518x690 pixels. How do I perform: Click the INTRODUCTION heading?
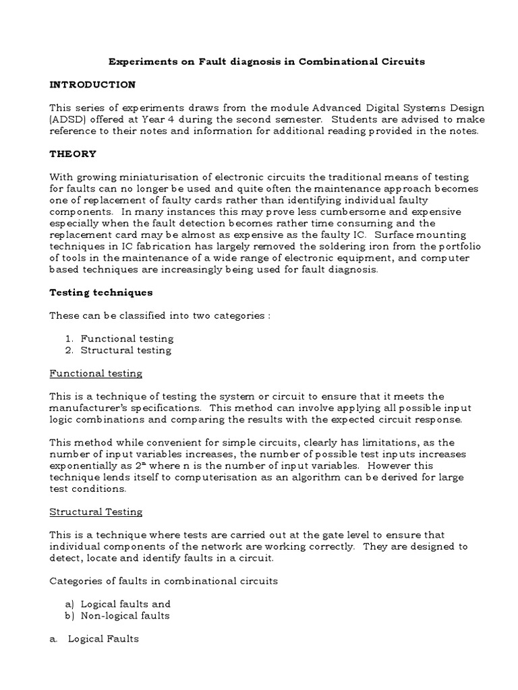point(92,84)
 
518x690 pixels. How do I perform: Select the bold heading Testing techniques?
point(101,292)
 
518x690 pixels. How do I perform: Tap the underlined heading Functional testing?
point(96,373)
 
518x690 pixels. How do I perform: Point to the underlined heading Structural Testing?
point(96,511)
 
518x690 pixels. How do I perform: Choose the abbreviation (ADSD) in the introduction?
point(67,119)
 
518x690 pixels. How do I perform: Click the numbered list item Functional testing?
point(127,338)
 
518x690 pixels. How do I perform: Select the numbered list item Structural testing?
point(126,350)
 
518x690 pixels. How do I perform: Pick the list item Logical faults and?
point(125,604)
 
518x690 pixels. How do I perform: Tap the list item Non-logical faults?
point(125,615)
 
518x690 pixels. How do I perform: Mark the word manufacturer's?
point(91,408)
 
